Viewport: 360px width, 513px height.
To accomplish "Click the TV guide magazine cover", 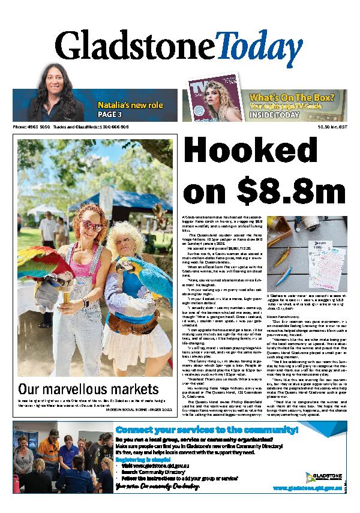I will (x=226, y=105).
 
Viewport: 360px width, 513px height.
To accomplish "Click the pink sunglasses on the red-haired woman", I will (x=92, y=225).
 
